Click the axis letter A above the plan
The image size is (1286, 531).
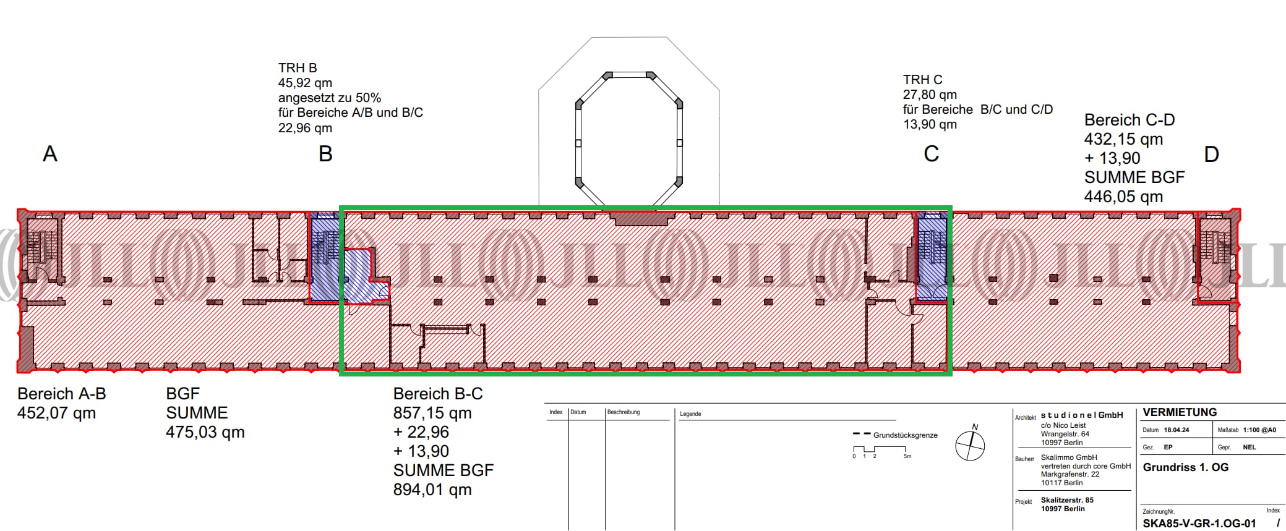(50, 154)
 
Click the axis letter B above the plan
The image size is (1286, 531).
(325, 154)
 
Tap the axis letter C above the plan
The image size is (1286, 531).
(931, 154)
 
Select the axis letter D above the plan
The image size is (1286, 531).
(1211, 154)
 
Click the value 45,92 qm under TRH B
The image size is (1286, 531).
(305, 83)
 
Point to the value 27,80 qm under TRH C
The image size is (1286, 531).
(930, 95)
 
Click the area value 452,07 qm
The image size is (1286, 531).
(56, 413)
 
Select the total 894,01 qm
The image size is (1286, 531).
(432, 490)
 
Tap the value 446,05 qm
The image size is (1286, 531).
(1123, 197)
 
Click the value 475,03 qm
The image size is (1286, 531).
(205, 432)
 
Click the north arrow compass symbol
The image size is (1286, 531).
(970, 445)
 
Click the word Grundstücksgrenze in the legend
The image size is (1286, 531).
(905, 435)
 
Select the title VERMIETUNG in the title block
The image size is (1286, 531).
(1180, 412)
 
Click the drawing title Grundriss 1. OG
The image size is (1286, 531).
(1185, 467)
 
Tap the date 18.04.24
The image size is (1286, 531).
(1176, 430)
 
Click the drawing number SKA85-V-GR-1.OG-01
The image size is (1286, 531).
(1199, 524)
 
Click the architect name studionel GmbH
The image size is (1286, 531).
(1081, 415)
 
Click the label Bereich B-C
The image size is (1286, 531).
(438, 394)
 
